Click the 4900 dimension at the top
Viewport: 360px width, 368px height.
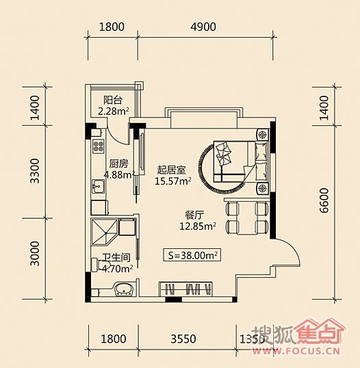pos(203,27)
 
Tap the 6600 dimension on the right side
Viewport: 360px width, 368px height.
pos(324,200)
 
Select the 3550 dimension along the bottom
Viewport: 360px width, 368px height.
pos(183,339)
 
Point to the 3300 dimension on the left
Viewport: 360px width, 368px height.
pos(35,171)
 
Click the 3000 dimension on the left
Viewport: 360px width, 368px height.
pos(35,254)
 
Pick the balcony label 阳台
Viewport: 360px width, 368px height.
pos(113,101)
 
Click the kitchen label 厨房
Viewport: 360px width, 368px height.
pos(119,163)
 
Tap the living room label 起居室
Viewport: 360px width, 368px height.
pos(171,170)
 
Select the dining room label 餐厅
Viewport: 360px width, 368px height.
pos(194,215)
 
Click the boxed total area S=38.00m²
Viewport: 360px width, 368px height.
pos(192,254)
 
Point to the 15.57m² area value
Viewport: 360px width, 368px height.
pos(173,181)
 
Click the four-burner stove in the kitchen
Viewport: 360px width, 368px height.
pos(99,146)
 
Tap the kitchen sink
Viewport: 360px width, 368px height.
pos(98,186)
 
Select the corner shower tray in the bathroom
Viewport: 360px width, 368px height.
pos(104,233)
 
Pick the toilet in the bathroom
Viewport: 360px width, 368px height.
pos(97,265)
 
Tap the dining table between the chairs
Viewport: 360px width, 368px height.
pos(247,217)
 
